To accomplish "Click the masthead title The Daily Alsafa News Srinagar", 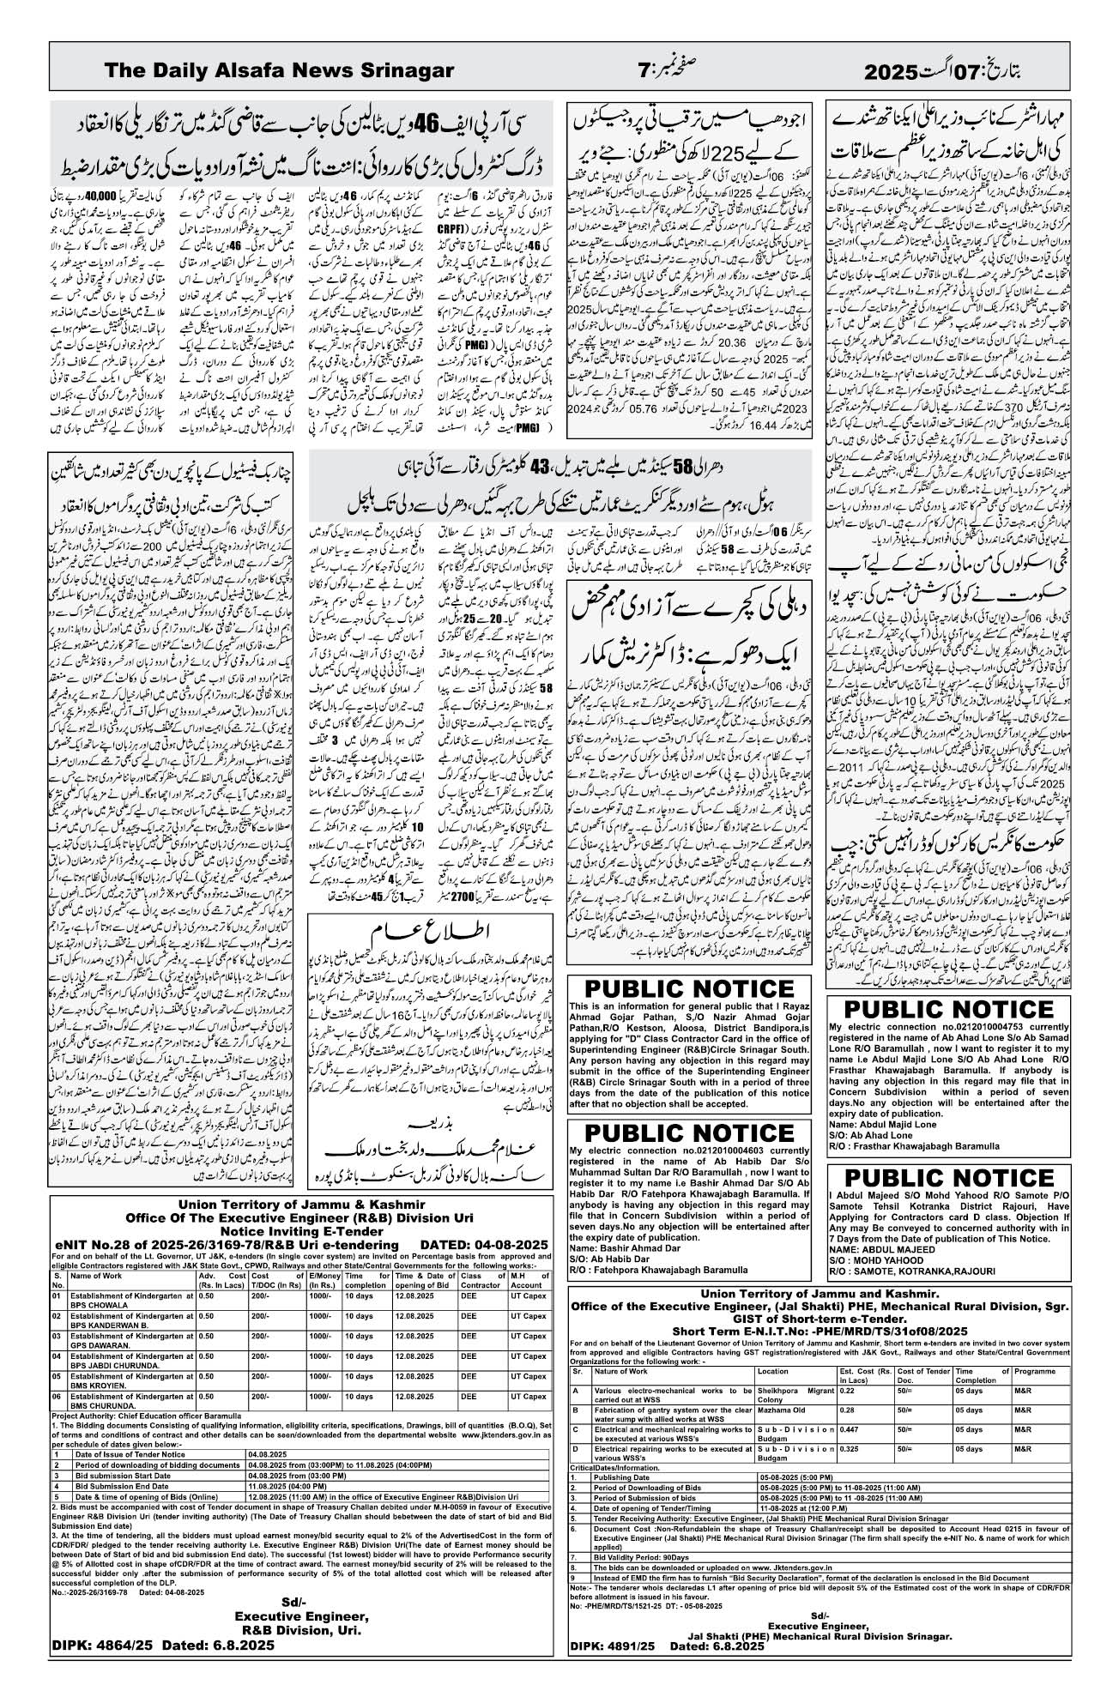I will [279, 70].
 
